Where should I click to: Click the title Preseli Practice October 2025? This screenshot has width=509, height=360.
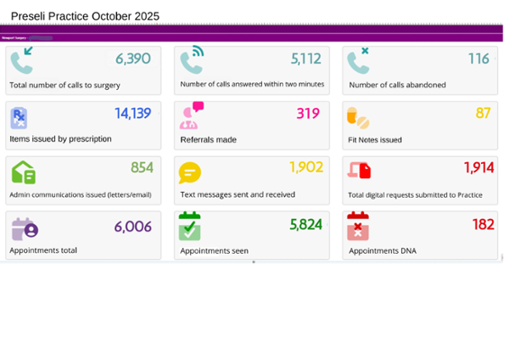click(x=85, y=16)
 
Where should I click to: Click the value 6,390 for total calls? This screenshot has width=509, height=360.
click(x=133, y=59)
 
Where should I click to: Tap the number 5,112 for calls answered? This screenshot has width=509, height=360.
click(x=306, y=59)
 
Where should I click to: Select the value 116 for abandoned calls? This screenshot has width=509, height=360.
click(x=479, y=59)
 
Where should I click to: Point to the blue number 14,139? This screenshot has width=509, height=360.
click(x=133, y=113)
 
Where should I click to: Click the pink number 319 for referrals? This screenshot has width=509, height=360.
click(x=308, y=113)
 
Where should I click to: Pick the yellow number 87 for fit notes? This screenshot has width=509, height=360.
click(x=483, y=113)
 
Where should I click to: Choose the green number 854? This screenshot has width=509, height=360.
click(x=142, y=167)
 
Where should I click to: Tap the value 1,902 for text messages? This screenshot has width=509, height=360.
click(x=306, y=167)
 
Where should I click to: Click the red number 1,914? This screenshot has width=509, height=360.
click(x=478, y=167)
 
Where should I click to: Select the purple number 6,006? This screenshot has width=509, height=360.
click(x=133, y=226)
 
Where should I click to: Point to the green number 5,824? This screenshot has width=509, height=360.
click(x=306, y=224)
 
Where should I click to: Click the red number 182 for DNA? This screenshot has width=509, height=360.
click(x=483, y=224)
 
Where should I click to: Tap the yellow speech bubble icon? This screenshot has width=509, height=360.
click(x=189, y=172)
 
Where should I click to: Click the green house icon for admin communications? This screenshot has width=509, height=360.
click(x=23, y=172)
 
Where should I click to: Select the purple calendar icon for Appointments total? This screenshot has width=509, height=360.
click(x=25, y=227)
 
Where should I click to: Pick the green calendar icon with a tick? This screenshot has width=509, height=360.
click(x=190, y=227)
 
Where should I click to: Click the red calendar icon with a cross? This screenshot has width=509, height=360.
click(x=358, y=227)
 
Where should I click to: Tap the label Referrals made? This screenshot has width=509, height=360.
click(x=209, y=139)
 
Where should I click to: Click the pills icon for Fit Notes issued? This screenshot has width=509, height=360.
click(x=358, y=117)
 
